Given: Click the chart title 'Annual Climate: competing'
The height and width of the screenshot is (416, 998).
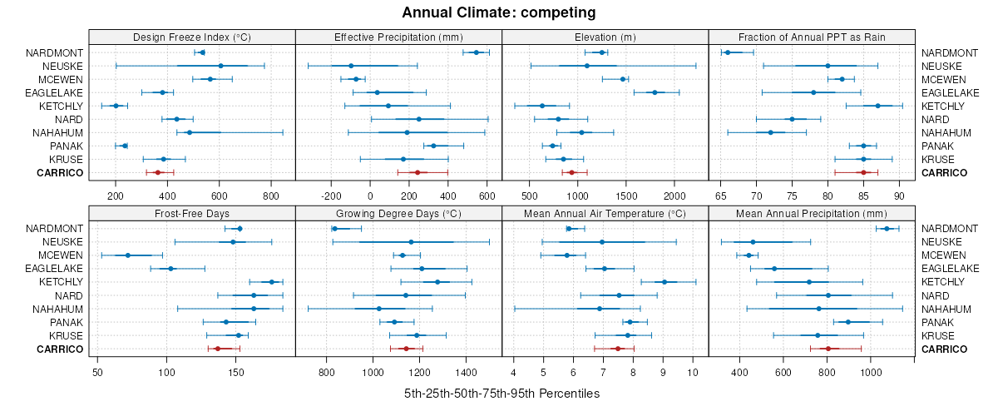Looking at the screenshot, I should (498, 12).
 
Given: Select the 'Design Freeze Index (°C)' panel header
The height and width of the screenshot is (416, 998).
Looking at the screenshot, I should (192, 37).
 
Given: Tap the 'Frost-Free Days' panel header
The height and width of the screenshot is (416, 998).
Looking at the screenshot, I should (192, 214).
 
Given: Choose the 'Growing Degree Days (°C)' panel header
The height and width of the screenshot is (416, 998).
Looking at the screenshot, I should (398, 214).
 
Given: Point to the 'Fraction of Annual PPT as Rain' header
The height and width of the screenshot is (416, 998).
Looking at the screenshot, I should (811, 37).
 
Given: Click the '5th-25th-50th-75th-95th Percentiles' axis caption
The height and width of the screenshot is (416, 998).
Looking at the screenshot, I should (501, 393).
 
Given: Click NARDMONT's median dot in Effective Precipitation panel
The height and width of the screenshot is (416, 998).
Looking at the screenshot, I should (477, 52).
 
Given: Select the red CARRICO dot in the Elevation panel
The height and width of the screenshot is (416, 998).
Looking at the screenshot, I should (571, 172).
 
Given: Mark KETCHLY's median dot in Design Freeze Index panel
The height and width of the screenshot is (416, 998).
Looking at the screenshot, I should (116, 106).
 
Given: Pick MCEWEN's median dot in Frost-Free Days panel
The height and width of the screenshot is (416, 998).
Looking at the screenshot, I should (127, 255).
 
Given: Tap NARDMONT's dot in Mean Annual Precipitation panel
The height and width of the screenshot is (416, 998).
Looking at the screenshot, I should (887, 229).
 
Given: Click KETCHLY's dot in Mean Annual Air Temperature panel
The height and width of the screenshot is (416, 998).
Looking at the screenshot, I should (664, 282).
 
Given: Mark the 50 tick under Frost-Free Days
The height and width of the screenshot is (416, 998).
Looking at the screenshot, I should (98, 372).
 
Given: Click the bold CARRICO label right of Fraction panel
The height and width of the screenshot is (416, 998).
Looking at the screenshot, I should (944, 172).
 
